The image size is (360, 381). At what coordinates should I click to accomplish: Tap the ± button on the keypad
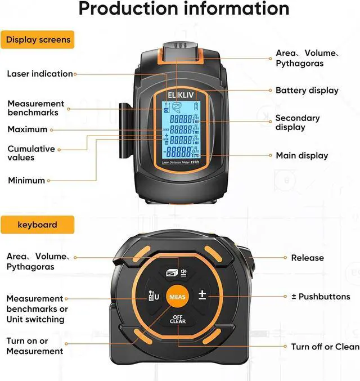point(202,295)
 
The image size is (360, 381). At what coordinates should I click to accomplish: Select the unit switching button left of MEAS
point(152,295)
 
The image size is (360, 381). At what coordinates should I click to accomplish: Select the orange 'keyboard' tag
point(37,225)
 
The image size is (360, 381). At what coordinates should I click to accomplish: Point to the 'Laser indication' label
point(40,74)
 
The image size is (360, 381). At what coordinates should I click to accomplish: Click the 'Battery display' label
point(307,90)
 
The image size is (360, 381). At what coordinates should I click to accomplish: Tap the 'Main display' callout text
point(301,155)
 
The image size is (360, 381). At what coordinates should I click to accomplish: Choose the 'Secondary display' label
point(297,123)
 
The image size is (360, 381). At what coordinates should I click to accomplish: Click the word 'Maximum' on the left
point(27,129)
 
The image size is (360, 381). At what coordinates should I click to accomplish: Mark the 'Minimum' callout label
point(26,181)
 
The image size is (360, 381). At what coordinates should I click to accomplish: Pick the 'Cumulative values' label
point(31,153)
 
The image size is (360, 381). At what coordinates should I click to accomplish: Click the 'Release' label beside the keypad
point(307,258)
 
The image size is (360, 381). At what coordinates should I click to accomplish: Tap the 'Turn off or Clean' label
point(325,347)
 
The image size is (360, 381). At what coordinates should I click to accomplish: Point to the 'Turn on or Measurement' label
point(34,346)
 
